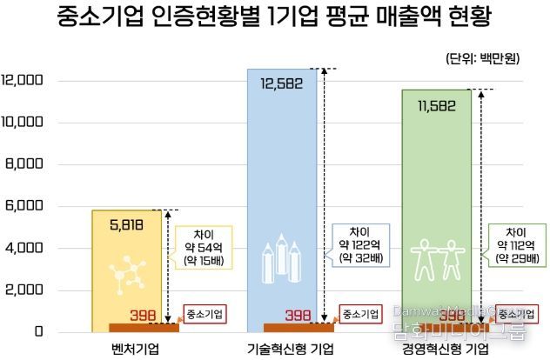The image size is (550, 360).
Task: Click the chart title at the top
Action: coord(275,18)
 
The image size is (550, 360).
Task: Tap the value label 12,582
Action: coord(284,83)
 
